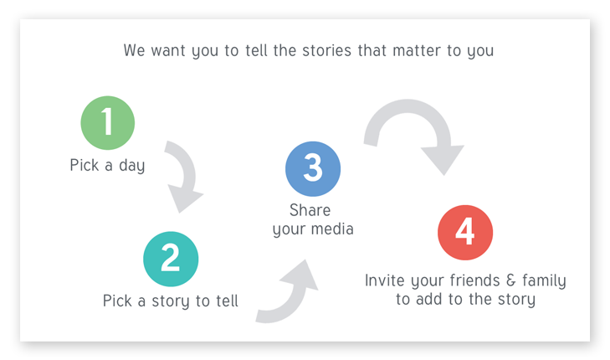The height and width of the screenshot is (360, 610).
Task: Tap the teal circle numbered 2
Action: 171,258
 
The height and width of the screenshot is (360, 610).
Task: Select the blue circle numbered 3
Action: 312,168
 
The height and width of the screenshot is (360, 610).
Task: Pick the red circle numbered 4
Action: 465,231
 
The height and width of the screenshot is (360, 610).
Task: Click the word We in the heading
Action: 134,50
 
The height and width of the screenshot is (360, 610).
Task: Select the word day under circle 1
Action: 130,166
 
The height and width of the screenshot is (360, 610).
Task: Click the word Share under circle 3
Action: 310,209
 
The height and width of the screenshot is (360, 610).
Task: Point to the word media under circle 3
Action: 331,229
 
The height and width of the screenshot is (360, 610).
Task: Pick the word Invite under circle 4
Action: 386,280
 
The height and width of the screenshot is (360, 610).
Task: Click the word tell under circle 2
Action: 226,300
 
